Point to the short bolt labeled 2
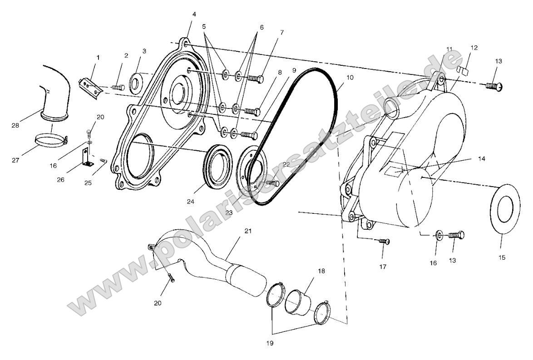[x=117, y=87]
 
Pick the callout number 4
[x=194, y=14]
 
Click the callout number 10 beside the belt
[x=350, y=78]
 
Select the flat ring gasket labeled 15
[x=504, y=208]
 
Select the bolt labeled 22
[x=271, y=183]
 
